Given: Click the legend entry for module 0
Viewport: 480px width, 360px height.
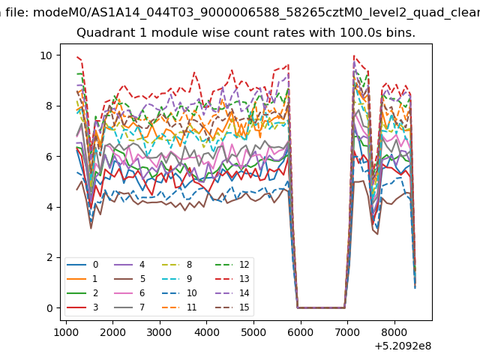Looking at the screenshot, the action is [x=82, y=265].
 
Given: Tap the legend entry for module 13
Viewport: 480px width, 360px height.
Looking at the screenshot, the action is [x=232, y=279].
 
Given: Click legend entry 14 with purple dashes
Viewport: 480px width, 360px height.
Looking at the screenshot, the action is [x=232, y=293].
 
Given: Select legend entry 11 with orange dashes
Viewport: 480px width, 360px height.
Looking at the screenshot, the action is [x=179, y=307].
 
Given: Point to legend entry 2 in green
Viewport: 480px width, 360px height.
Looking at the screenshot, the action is [x=82, y=293].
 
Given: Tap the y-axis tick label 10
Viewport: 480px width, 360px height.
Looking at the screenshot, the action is [x=46, y=55].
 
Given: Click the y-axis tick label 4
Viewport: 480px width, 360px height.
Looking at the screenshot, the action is [x=49, y=207].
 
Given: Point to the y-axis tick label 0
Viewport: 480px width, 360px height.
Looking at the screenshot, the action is [x=49, y=308].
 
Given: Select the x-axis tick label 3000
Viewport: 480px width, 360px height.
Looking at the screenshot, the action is [x=160, y=332].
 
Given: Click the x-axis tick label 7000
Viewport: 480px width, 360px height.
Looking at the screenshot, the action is [x=347, y=332].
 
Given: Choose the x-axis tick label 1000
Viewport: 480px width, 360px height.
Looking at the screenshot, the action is [x=66, y=332].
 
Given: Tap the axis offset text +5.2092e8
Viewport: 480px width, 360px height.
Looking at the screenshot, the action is [x=403, y=346].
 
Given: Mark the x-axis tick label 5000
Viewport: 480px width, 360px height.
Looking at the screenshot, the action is [x=253, y=332].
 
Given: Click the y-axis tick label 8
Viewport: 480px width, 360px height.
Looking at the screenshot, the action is [x=49, y=106].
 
